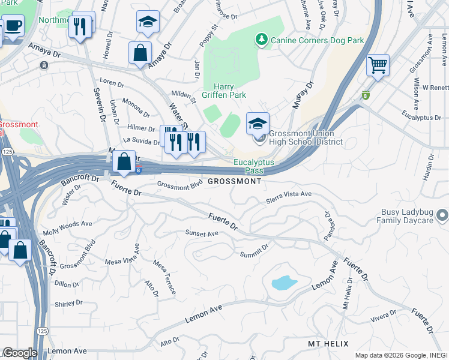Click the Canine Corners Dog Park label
click(318, 41)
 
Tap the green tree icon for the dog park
click(261, 40)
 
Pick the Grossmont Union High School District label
click(306, 138)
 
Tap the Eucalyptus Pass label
click(253, 166)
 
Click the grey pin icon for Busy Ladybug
click(442, 214)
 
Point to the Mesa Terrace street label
click(164, 277)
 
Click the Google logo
click(19, 353)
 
